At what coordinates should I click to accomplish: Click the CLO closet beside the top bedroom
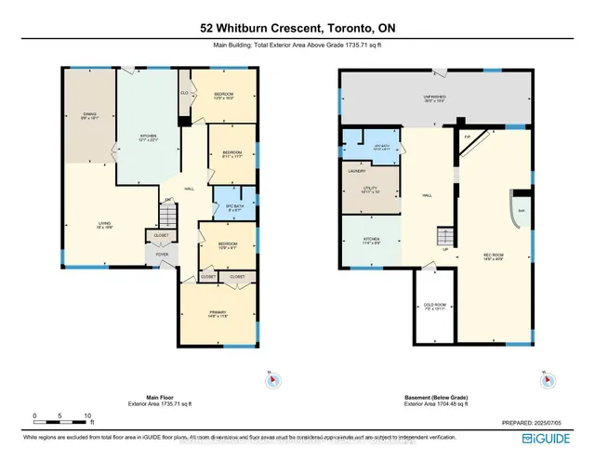[184, 93]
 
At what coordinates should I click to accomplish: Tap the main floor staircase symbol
[165, 217]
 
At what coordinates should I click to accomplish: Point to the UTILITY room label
[370, 191]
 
